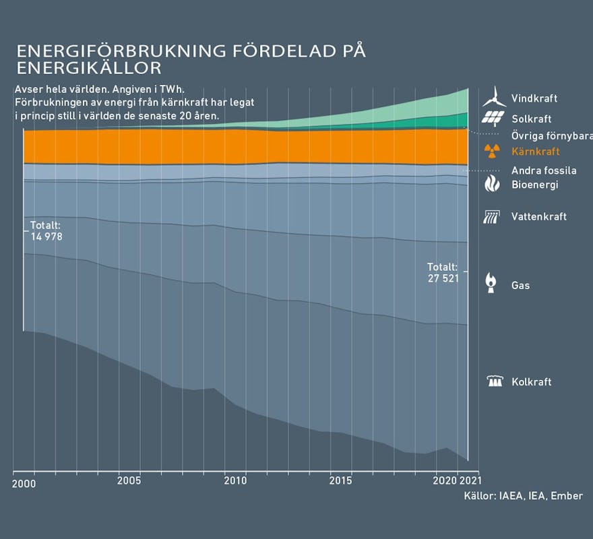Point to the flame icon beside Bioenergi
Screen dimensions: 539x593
[x=493, y=183]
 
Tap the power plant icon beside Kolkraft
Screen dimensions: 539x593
[x=495, y=381]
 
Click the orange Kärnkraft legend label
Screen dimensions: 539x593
[x=535, y=152]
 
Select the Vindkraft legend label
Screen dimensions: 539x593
[x=534, y=98]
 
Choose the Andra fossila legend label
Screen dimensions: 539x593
[x=543, y=170]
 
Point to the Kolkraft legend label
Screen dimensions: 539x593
[x=531, y=382]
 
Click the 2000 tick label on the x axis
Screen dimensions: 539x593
[x=24, y=484]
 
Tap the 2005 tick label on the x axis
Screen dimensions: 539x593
[x=129, y=481]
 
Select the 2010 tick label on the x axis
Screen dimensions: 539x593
[x=235, y=481]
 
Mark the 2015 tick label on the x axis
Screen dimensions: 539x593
[x=341, y=481]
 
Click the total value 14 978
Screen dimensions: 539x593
[x=46, y=236]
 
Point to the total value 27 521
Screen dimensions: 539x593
[x=443, y=278]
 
